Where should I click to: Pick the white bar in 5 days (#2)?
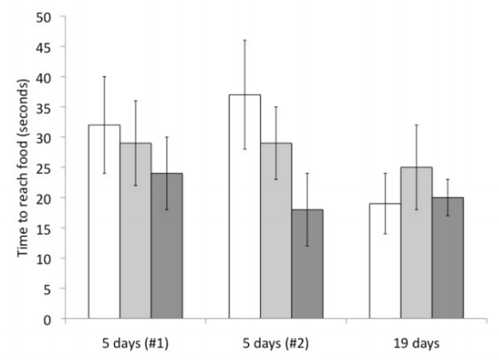(245, 207)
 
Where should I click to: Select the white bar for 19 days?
(385, 261)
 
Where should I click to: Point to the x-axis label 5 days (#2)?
(275, 342)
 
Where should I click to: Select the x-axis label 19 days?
(416, 342)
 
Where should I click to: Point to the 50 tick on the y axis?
(56, 17)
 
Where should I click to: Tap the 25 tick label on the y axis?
(56, 168)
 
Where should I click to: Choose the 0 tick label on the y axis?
(59, 318)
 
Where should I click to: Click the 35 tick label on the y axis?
(56, 107)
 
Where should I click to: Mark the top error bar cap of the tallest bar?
(245, 40)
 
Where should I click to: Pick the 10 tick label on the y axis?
(56, 259)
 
